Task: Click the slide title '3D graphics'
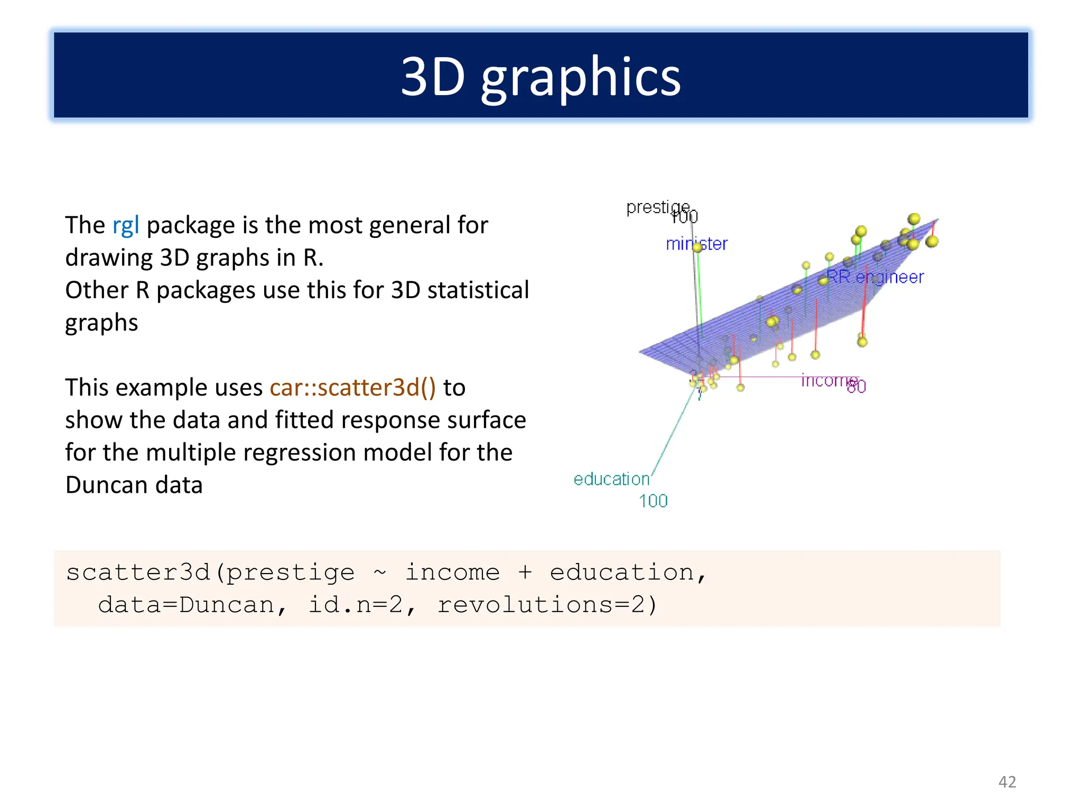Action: (x=540, y=77)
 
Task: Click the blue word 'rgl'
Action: (x=126, y=226)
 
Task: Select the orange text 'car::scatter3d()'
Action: (x=353, y=387)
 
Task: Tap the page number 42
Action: (x=1007, y=782)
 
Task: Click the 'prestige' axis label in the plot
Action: (x=657, y=207)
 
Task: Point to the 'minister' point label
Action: (x=696, y=244)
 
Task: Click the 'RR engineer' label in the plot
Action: (x=875, y=277)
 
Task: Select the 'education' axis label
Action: (x=611, y=479)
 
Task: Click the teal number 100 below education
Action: (x=653, y=501)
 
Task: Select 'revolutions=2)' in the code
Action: (x=547, y=605)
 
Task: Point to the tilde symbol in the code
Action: (x=380, y=573)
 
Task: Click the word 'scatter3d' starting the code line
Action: (x=138, y=573)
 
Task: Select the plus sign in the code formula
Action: (x=525, y=573)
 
